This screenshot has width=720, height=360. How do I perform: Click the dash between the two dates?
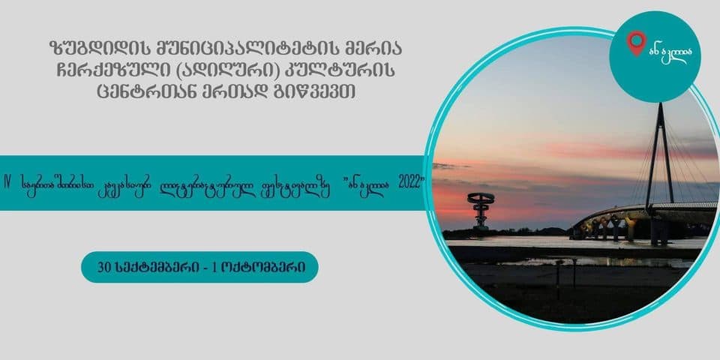tap(212, 267)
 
